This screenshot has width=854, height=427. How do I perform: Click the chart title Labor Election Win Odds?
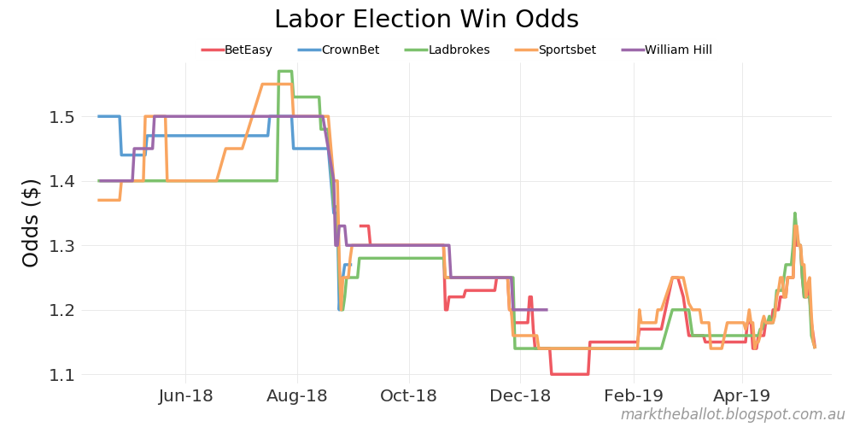coord(426,20)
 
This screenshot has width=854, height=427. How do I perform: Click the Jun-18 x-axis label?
coord(186,396)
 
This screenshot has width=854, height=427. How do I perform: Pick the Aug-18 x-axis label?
coord(297,396)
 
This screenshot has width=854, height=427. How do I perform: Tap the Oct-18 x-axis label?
coord(408,396)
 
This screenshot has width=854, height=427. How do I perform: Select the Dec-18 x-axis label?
coord(521,396)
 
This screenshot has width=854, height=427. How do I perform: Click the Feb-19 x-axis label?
coord(634,396)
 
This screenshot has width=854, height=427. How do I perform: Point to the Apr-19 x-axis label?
coord(741,396)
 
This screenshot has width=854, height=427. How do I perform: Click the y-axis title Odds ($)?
coord(31,223)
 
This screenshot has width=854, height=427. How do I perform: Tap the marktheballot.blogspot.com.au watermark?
coord(732,415)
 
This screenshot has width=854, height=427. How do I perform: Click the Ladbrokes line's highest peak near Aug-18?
coord(285,71)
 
